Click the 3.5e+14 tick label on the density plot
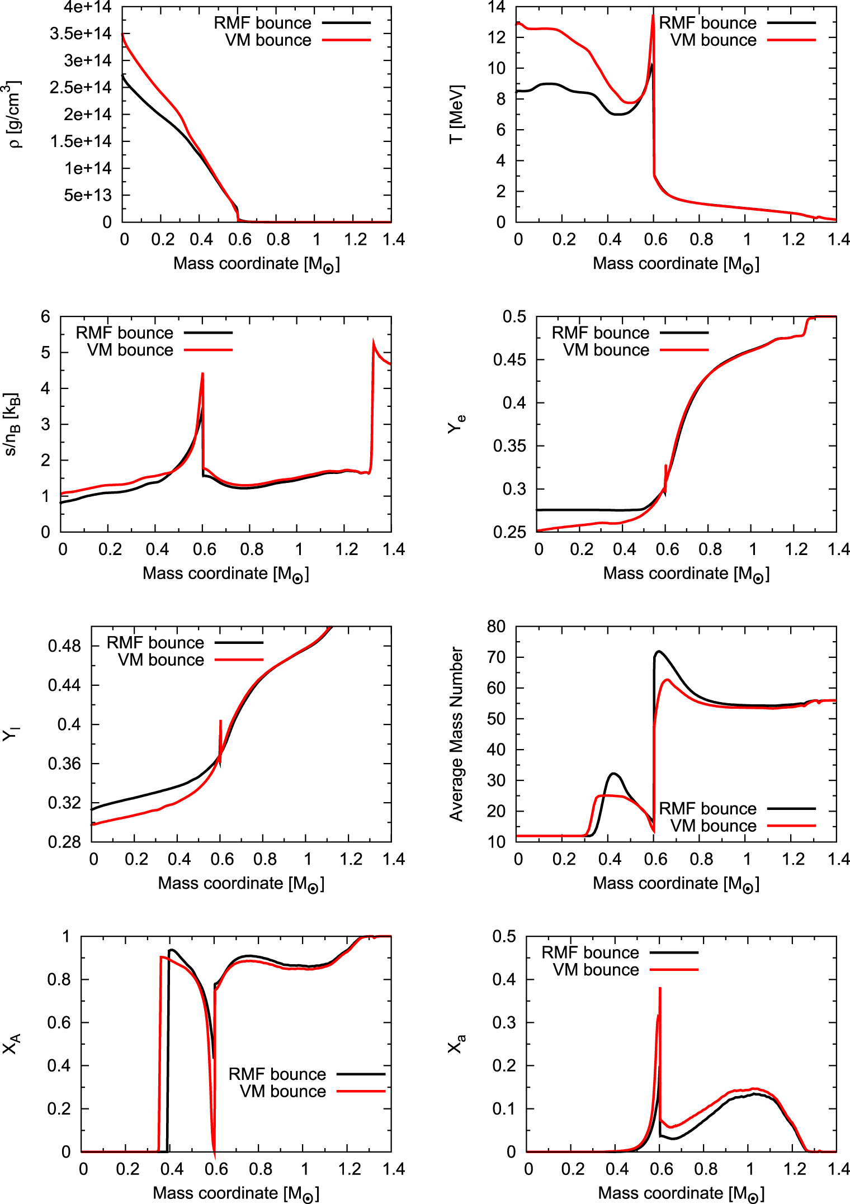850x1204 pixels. click(x=81, y=34)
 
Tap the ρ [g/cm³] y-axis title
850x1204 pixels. click(x=15, y=114)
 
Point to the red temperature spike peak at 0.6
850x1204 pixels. click(x=653, y=16)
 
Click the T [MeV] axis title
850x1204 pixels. click(x=456, y=114)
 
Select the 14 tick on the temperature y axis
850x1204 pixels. click(x=497, y=7)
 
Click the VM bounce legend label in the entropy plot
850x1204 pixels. click(x=130, y=350)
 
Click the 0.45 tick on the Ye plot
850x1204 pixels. click(x=509, y=359)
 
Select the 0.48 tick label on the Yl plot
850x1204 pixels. click(x=65, y=646)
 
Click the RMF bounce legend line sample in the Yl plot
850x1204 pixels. click(x=239, y=642)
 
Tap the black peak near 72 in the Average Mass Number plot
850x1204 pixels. click(x=659, y=652)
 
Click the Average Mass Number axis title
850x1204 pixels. click(x=456, y=734)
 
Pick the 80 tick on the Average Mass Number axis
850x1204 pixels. click(x=497, y=627)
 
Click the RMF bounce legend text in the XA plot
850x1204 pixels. click(x=277, y=1074)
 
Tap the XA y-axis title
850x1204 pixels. click(x=12, y=1043)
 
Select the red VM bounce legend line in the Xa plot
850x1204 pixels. click(x=674, y=969)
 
